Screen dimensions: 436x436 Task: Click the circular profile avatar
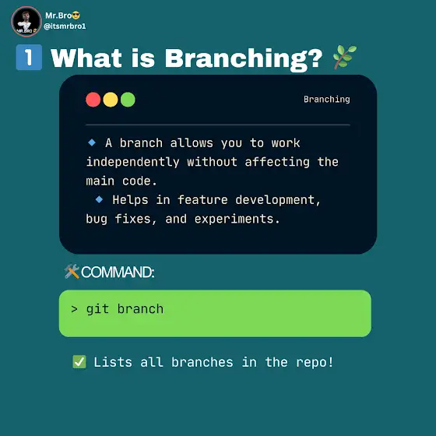[26, 22]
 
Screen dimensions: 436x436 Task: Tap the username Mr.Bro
[58, 16]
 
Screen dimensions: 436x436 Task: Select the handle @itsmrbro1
[65, 26]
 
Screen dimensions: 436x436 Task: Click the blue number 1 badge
[30, 58]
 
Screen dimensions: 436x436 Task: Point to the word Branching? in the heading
[244, 58]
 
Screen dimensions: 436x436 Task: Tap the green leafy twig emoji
[345, 57]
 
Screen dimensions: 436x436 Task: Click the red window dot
[93, 100]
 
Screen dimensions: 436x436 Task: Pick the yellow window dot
[111, 100]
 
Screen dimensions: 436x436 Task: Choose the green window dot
[128, 100]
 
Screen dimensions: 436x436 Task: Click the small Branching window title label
[327, 100]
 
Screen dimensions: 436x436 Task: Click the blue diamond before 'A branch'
[92, 142]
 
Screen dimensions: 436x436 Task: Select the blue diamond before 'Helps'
[99, 199]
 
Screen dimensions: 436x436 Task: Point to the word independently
[132, 162]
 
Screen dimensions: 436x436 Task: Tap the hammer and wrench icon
[72, 272]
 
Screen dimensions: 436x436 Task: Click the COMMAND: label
[118, 272]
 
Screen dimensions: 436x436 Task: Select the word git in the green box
[97, 310]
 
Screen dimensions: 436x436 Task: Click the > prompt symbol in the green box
[74, 309]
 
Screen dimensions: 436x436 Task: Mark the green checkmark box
[79, 362]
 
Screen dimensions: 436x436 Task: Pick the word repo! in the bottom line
[315, 362]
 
